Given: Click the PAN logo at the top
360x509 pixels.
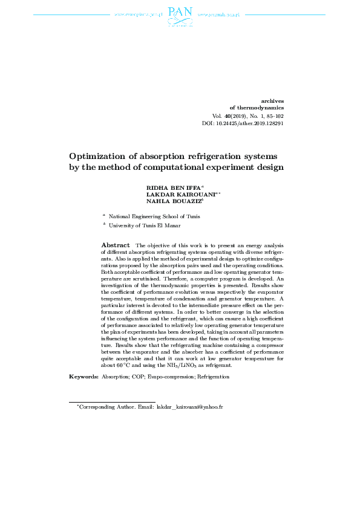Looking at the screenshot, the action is pyautogui.click(x=180, y=16).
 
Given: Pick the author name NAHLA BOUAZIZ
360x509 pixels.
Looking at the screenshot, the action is pyautogui.click(x=172, y=203).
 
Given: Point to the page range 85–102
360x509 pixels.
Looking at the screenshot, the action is pyautogui.click(x=272, y=115).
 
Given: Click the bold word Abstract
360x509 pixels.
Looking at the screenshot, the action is pyautogui.click(x=114, y=244).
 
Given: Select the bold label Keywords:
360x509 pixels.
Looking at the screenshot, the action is pyautogui.click(x=83, y=377).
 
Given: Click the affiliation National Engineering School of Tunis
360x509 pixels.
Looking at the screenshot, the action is pyautogui.click(x=154, y=216).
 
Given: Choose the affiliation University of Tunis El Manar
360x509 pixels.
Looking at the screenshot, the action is pyautogui.click(x=145, y=225).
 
